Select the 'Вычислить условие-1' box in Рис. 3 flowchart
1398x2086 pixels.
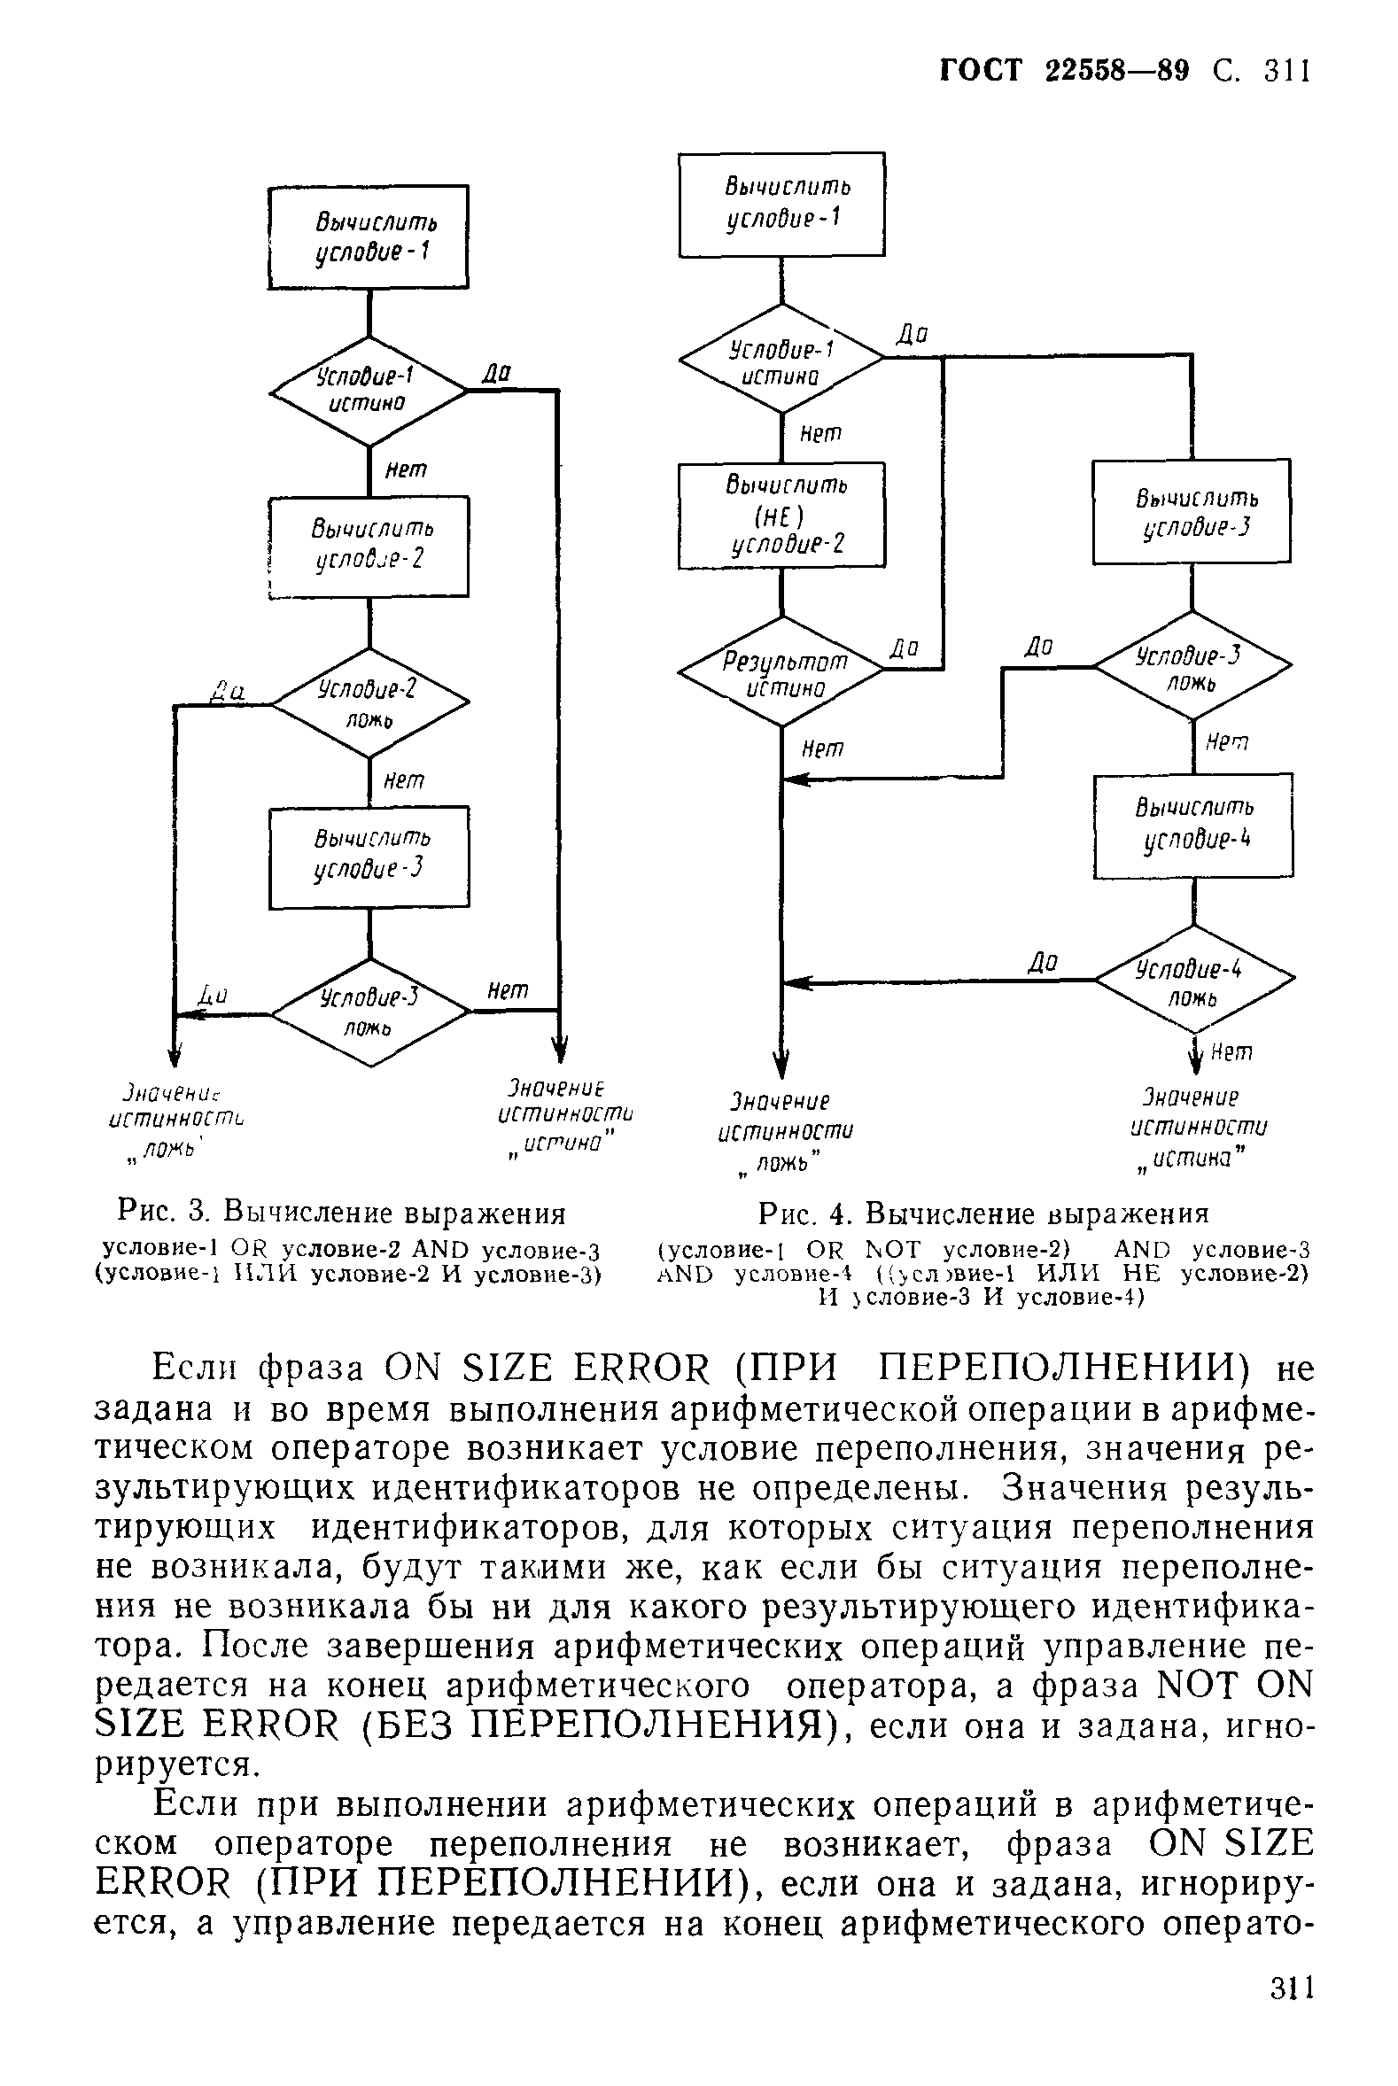point(369,237)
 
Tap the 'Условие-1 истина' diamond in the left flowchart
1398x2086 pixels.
point(369,391)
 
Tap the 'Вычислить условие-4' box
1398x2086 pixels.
point(1193,826)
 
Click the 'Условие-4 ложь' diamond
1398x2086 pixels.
point(1194,981)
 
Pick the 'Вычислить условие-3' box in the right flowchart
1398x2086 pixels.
point(1192,512)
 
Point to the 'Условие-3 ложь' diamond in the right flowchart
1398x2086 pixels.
point(1193,665)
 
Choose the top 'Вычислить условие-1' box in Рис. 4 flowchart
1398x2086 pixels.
point(782,204)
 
